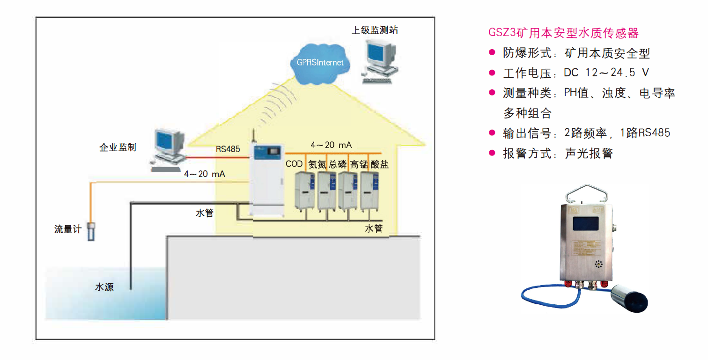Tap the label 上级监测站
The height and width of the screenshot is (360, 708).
[x=375, y=30]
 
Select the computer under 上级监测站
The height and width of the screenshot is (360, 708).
[x=380, y=62]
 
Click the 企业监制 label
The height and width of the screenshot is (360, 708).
[x=118, y=147]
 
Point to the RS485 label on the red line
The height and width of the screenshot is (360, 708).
[x=228, y=149]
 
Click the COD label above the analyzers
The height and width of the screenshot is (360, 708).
[x=294, y=164]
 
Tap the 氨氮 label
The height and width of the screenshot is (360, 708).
[x=317, y=164]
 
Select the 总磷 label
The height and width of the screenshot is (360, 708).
[x=338, y=164]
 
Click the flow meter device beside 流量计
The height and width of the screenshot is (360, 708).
[x=91, y=231]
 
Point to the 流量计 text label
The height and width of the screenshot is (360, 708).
[x=68, y=229]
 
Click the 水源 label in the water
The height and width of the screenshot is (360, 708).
[x=104, y=287]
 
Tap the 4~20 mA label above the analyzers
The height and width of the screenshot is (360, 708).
[x=331, y=145]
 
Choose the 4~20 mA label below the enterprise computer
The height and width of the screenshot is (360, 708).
[x=205, y=174]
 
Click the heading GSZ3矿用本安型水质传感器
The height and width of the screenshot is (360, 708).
[x=564, y=33]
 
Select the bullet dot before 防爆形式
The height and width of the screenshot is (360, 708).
[x=492, y=52]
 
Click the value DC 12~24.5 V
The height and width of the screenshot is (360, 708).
[x=606, y=73]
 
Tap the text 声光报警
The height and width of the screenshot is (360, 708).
[x=589, y=154]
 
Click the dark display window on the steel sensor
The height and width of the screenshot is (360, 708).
[x=586, y=223]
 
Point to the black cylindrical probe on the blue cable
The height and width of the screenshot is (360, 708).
[x=629, y=298]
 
